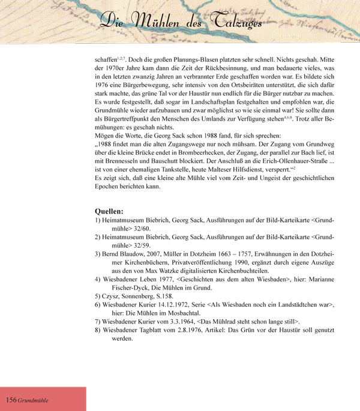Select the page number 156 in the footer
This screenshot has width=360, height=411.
tap(11, 400)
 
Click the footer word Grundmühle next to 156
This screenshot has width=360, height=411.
tap(33, 400)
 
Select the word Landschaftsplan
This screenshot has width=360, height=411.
tap(205, 109)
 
